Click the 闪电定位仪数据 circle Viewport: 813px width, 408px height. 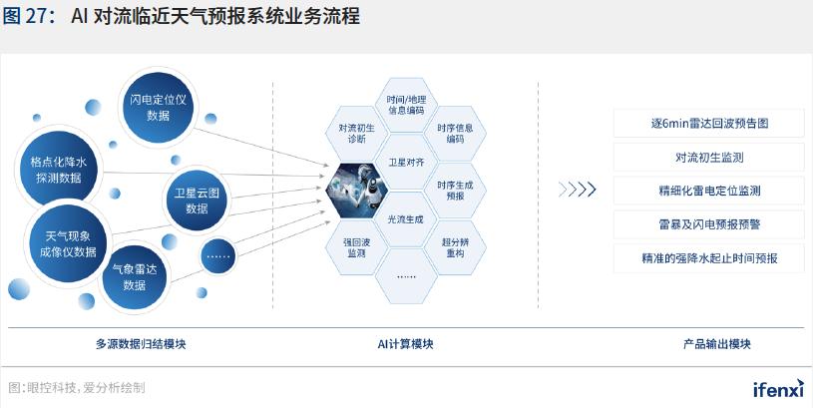click(x=159, y=108)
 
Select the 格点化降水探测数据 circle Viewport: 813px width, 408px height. click(x=59, y=168)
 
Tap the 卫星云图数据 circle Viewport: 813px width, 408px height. click(x=197, y=201)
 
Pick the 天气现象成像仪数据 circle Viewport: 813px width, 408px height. click(x=68, y=243)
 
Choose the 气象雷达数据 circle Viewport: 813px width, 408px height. click(x=135, y=277)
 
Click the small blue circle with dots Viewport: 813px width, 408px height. click(x=218, y=256)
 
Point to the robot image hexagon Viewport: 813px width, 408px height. click(x=357, y=191)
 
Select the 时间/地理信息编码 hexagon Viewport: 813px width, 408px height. click(x=406, y=105)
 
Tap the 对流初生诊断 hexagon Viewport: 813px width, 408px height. click(x=357, y=134)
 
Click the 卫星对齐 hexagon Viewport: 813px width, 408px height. click(x=406, y=163)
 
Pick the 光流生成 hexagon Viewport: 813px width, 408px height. click(x=406, y=219)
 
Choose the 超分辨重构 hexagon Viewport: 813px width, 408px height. click(x=455, y=247)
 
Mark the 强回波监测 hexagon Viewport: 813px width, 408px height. click(x=357, y=247)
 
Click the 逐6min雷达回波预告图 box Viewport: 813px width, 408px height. click(x=709, y=124)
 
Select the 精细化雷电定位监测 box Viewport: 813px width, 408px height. click(x=709, y=191)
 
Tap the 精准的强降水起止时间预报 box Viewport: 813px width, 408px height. click(x=709, y=258)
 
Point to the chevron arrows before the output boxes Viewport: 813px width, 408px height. click(x=578, y=191)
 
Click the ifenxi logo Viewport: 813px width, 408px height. click(x=778, y=388)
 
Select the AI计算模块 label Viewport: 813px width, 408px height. click(x=405, y=344)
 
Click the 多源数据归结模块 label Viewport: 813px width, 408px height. click(x=141, y=344)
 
